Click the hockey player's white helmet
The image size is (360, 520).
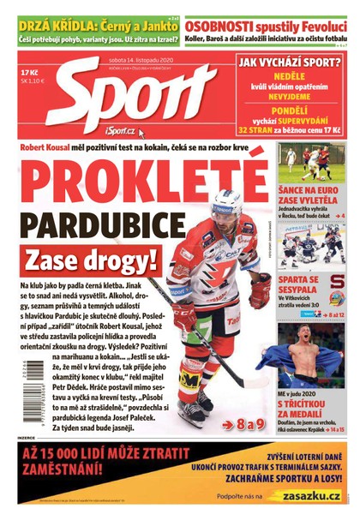(x=225, y=202)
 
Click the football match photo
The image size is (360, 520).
(x=311, y=163)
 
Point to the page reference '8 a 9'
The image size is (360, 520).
(x=243, y=423)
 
